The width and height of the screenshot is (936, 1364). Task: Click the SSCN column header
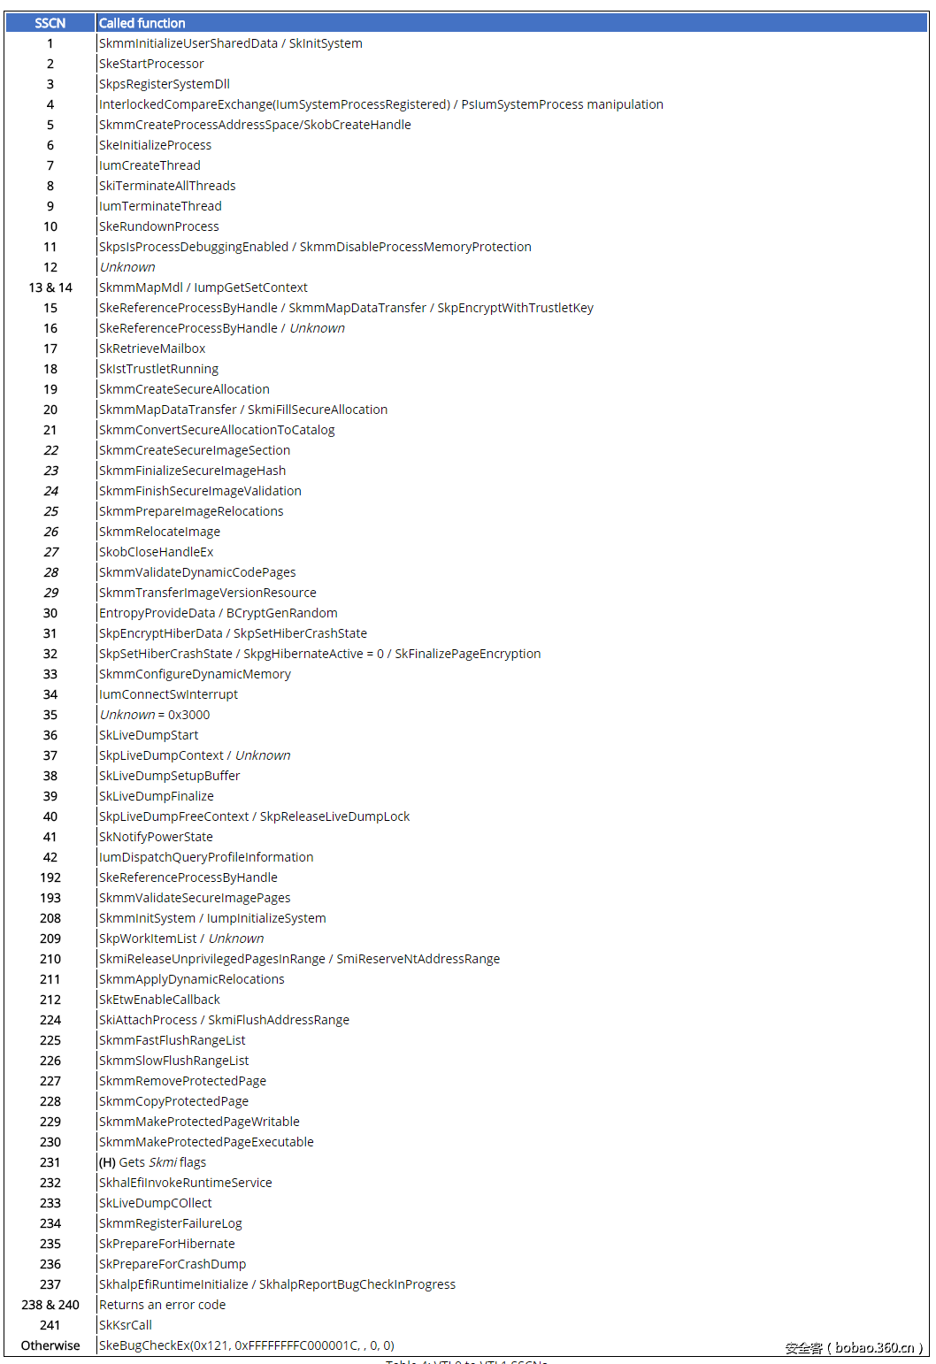click(x=50, y=23)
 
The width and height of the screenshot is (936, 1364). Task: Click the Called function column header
click(x=142, y=23)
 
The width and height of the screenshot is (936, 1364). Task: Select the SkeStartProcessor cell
click(x=151, y=64)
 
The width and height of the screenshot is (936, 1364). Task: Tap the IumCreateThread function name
click(x=150, y=165)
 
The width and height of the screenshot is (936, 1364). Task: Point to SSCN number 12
click(x=50, y=267)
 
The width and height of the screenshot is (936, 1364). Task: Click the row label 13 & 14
click(x=50, y=287)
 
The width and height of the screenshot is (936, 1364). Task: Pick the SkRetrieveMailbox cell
click(x=152, y=349)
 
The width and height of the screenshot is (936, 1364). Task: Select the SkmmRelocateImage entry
click(x=159, y=532)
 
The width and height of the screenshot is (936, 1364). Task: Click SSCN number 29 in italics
click(x=50, y=593)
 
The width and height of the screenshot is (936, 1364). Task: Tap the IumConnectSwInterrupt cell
click(x=168, y=694)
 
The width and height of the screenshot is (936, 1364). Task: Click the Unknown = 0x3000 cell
click(x=155, y=715)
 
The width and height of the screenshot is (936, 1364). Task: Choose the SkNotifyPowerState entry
click(x=156, y=837)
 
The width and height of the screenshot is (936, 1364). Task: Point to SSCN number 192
click(x=50, y=877)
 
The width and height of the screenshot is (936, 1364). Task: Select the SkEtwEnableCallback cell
click(x=159, y=1000)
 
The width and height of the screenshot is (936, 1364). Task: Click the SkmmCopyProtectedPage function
click(x=173, y=1101)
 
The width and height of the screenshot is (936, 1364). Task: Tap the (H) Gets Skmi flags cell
click(x=152, y=1162)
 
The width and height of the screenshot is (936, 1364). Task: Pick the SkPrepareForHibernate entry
click(x=167, y=1244)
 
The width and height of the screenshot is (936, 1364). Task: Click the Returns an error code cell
click(x=162, y=1305)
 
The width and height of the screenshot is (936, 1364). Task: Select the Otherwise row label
click(x=50, y=1345)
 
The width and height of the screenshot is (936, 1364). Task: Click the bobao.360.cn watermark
click(x=854, y=1348)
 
